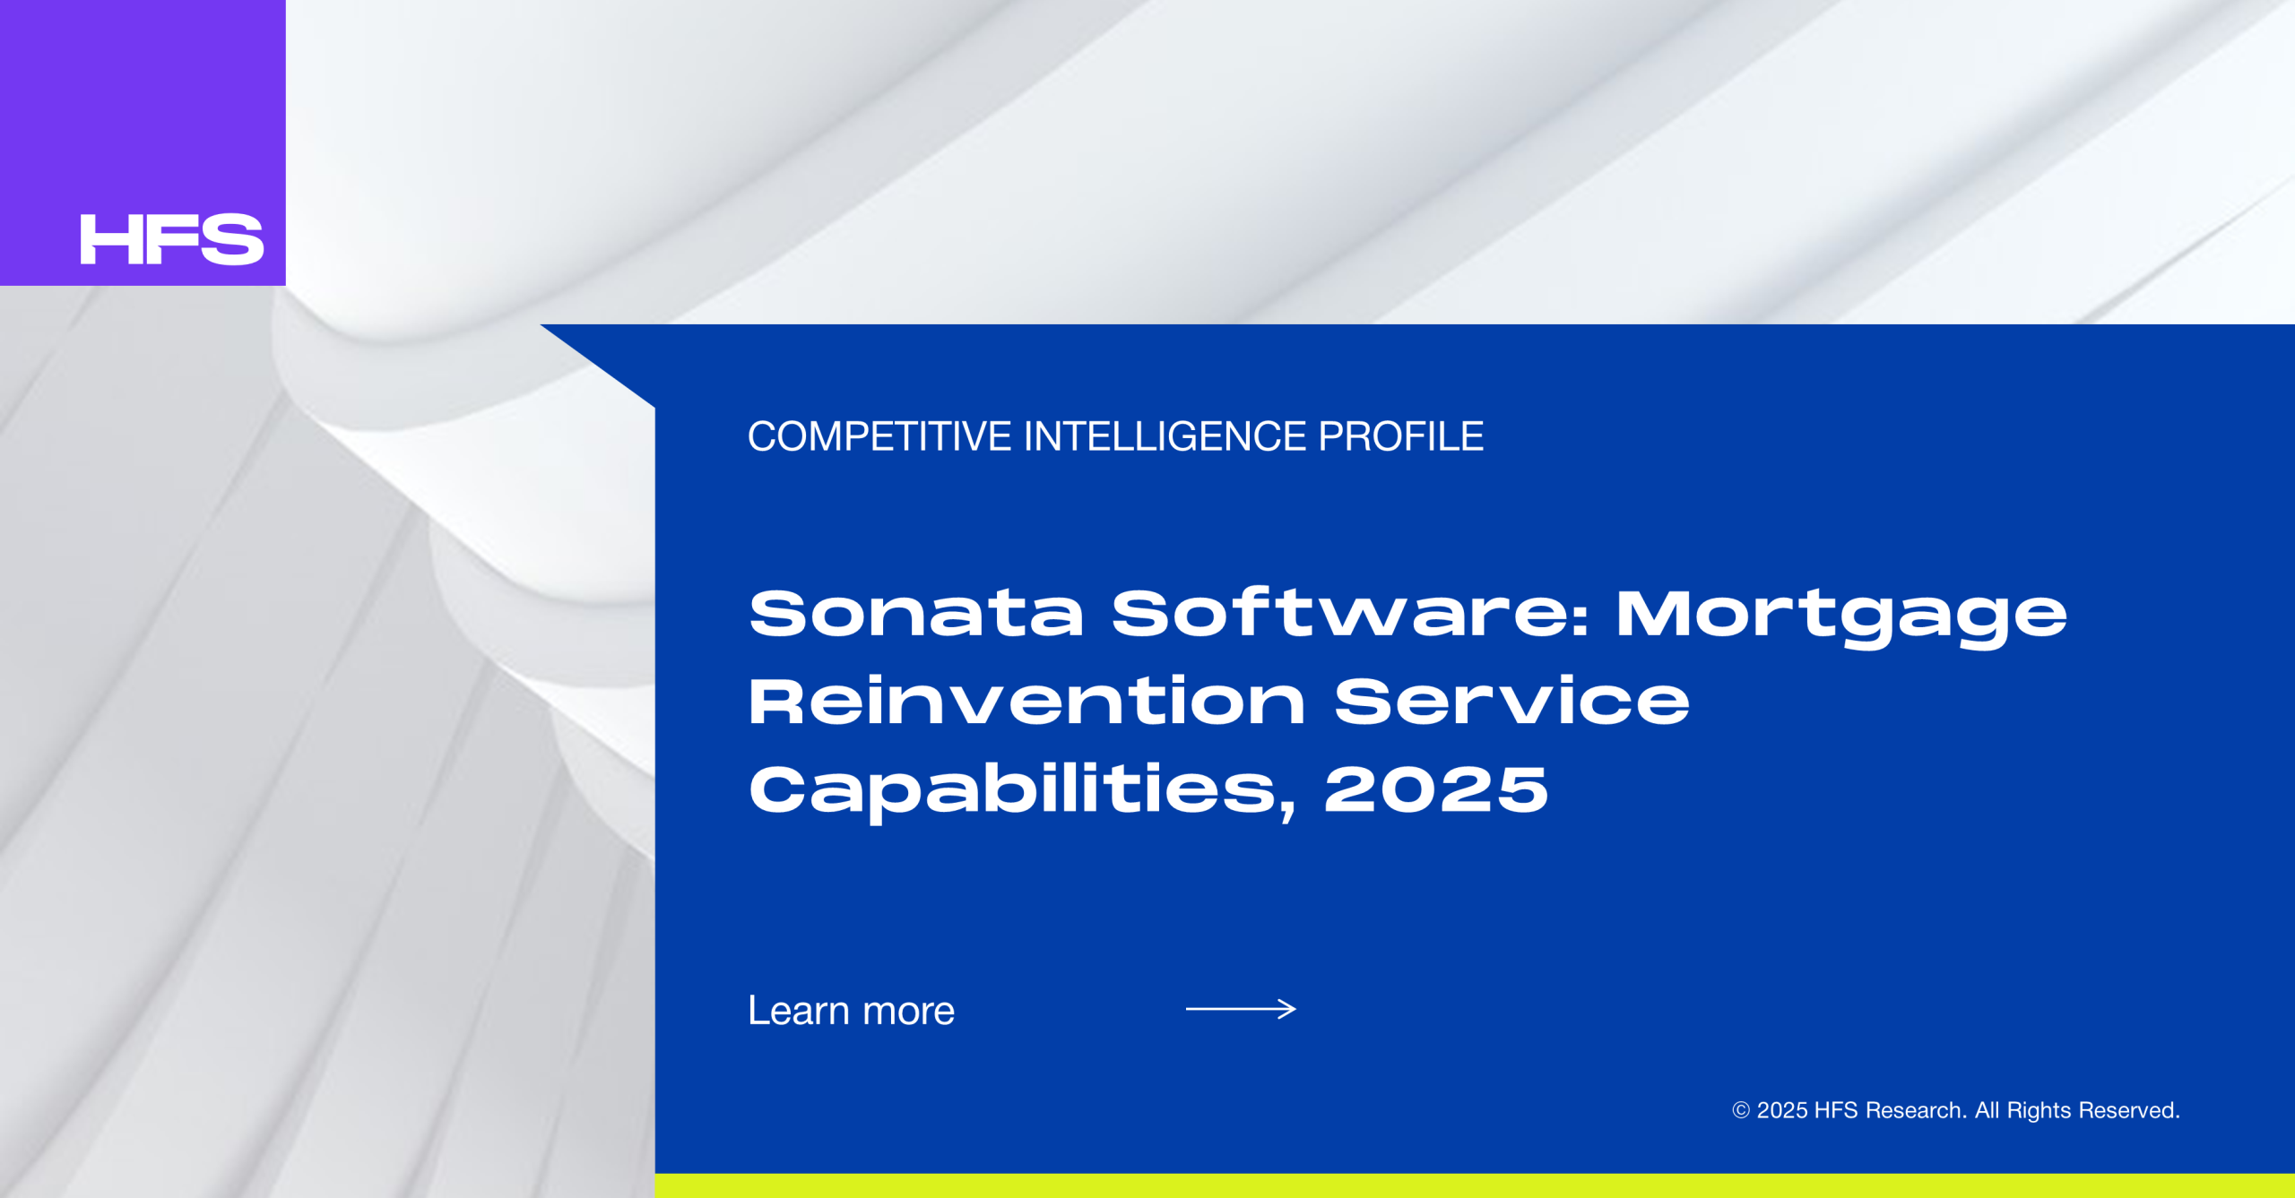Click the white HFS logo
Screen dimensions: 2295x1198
pyautogui.click(x=172, y=239)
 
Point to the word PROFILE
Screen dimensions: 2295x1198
pyautogui.click(x=1401, y=436)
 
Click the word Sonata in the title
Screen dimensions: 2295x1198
pyautogui.click(x=916, y=614)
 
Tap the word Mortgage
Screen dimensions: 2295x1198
pyautogui.click(x=1841, y=617)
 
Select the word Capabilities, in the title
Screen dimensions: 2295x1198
pyautogui.click(x=1023, y=791)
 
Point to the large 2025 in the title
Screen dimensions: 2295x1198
pyautogui.click(x=1436, y=789)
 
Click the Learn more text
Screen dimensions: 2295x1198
pyautogui.click(x=852, y=1010)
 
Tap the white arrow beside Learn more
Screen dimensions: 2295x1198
pyautogui.click(x=1241, y=1009)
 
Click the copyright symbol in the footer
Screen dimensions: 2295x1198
pyautogui.click(x=1741, y=1110)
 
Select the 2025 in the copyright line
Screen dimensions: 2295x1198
pyautogui.click(x=1782, y=1110)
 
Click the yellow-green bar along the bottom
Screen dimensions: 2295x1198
pyautogui.click(x=1475, y=1185)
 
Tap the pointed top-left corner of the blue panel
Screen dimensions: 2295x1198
pyautogui.click(x=541, y=324)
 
